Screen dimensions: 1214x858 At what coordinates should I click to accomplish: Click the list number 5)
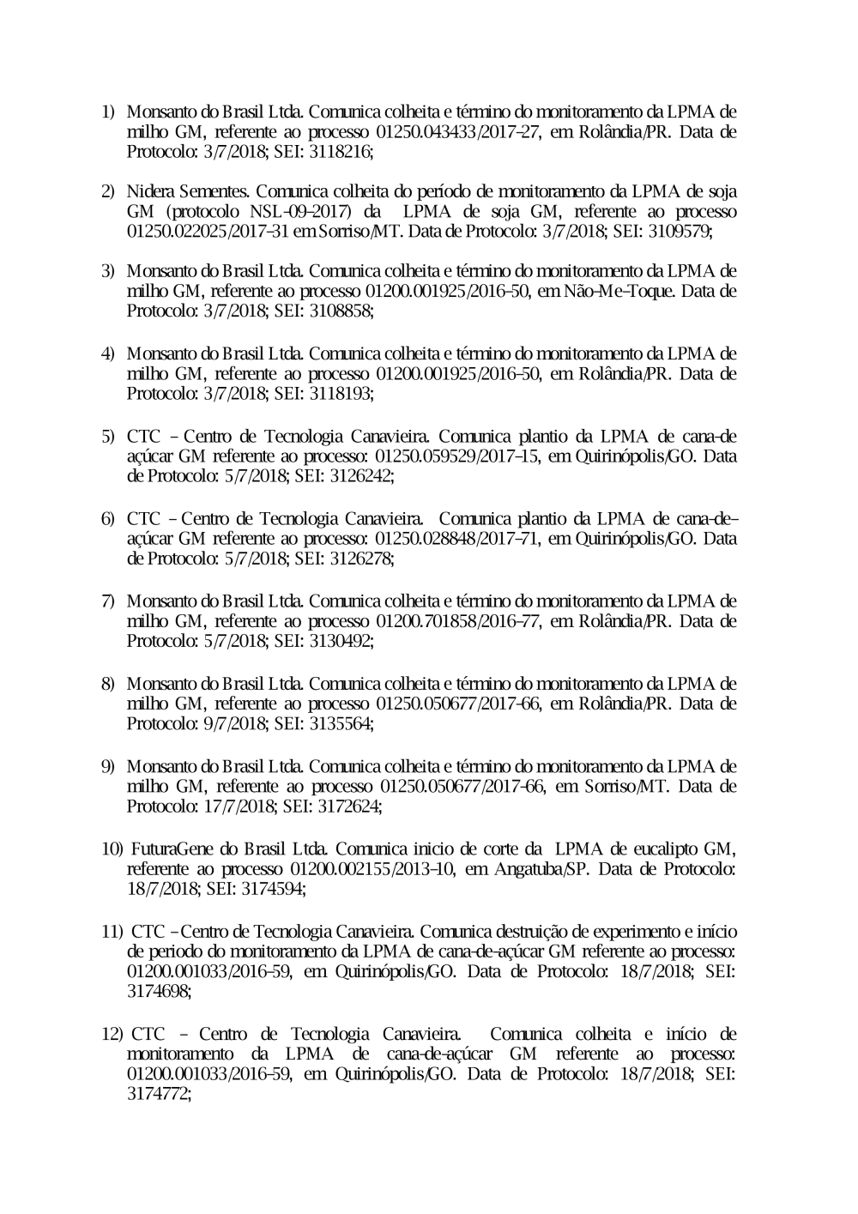coord(108,436)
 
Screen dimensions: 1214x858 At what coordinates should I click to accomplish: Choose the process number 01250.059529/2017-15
coord(457,456)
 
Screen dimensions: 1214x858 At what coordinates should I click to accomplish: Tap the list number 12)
coord(113,1034)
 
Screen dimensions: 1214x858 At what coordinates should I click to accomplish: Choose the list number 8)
coord(108,684)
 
